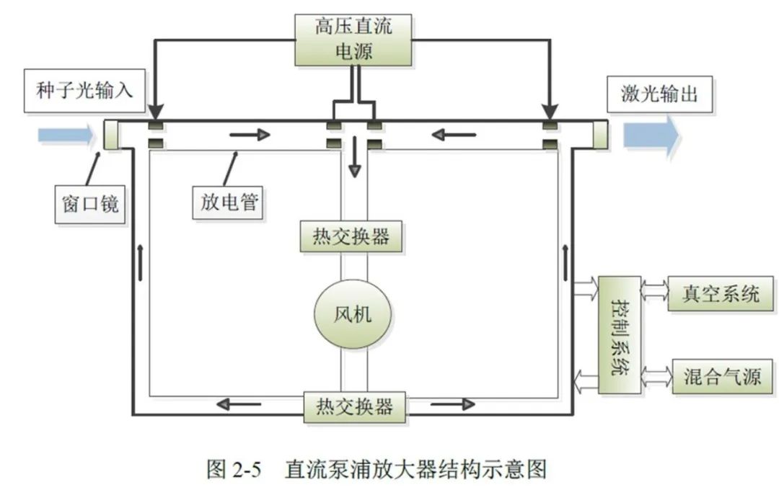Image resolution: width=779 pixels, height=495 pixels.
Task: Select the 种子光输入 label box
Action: tap(85, 91)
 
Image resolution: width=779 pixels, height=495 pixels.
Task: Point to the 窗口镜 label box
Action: tap(86, 204)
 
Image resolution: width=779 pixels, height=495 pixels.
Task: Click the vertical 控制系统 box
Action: tap(619, 334)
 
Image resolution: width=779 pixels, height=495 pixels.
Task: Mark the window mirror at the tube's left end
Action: tap(110, 135)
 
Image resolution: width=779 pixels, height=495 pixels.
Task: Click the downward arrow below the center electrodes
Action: tap(353, 164)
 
